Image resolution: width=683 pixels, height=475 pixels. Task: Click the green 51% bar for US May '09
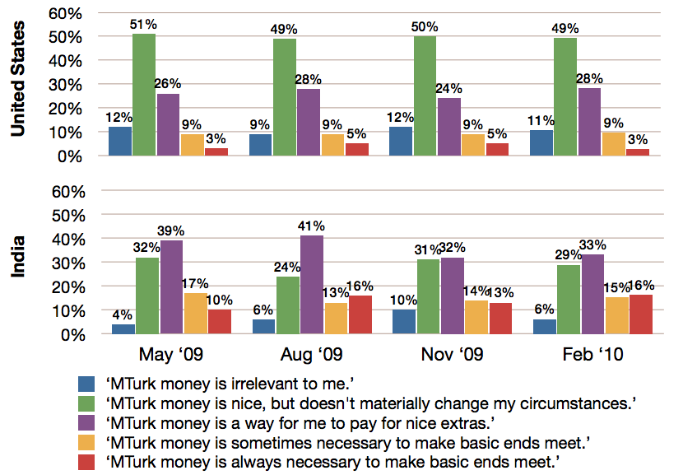pyautogui.click(x=144, y=95)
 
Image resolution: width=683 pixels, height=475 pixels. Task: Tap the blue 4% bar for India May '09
pyautogui.click(x=123, y=329)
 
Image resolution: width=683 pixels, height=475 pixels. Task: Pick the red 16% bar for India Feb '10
pyautogui.click(x=640, y=314)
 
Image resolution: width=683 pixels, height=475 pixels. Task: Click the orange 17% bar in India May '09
pyautogui.click(x=196, y=314)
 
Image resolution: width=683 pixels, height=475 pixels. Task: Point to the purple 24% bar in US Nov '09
pyautogui.click(x=449, y=127)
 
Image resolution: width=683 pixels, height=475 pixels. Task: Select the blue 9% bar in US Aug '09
pyautogui.click(x=261, y=145)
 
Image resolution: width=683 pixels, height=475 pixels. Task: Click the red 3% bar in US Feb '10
pyautogui.click(x=637, y=152)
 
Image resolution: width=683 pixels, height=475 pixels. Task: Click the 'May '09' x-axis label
pyautogui.click(x=170, y=355)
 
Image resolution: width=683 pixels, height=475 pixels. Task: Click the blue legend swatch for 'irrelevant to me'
pyautogui.click(x=88, y=384)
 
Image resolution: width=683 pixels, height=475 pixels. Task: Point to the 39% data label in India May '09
pyautogui.click(x=172, y=233)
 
